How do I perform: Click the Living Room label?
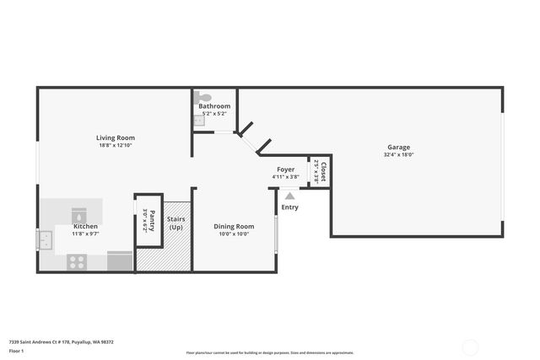pos(115,137)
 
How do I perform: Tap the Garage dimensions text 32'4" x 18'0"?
pos(399,154)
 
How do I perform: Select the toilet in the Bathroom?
pos(198,98)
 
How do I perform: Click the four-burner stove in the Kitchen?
pos(77,262)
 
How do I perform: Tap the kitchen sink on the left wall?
pos(44,241)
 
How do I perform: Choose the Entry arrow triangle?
pos(289,196)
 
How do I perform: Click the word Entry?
pos(289,207)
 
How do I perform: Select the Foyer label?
pos(286,169)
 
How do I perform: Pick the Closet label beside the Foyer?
pos(322,172)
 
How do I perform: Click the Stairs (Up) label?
pos(176,223)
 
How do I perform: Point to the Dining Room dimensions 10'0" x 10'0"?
pos(234,234)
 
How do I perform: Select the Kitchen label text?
pos(85,227)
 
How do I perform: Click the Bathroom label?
pos(214,106)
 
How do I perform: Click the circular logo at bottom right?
pos(470,346)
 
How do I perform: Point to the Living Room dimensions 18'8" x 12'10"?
pos(115,146)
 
